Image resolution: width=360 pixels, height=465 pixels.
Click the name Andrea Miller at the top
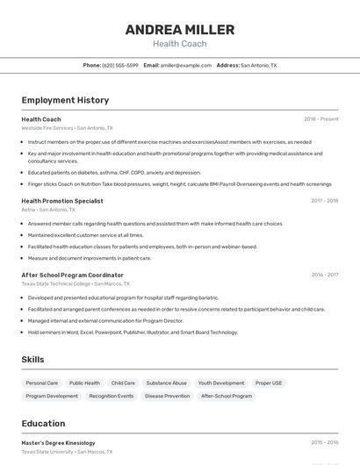pos(179,30)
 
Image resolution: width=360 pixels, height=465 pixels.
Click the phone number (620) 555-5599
pos(120,65)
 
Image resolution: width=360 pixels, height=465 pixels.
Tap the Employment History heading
pos(65,100)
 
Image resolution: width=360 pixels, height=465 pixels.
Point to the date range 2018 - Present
pos(320,118)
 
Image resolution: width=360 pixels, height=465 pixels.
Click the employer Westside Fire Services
pos(47,127)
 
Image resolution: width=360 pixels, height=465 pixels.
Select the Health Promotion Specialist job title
pos(62,201)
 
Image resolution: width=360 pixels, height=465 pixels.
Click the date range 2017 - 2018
pos(324,201)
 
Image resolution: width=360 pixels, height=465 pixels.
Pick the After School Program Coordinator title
pos(72,275)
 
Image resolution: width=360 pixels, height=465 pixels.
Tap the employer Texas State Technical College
pos(55,283)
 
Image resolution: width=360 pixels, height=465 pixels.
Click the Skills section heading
pos(33,360)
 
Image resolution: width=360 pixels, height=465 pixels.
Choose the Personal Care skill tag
pos(41,383)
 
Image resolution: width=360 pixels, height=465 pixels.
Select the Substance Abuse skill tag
pos(166,383)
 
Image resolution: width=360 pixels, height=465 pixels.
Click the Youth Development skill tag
pos(221,383)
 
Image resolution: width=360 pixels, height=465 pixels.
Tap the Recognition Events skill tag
pos(112,396)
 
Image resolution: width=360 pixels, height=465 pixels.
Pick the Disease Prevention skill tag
pos(167,396)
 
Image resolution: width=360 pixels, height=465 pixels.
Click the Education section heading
pos(43,424)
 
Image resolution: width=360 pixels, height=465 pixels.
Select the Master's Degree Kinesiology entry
pos(58,443)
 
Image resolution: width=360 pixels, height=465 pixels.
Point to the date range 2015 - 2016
pos(324,443)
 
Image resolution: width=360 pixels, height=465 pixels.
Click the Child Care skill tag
pos(123,383)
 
